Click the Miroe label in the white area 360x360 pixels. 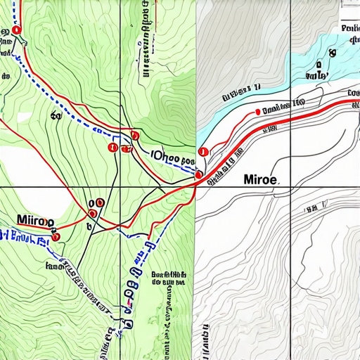click(260, 180)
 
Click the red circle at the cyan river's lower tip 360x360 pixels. click(202, 150)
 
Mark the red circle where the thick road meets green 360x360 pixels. click(199, 174)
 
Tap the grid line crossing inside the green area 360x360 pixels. click(120, 187)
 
